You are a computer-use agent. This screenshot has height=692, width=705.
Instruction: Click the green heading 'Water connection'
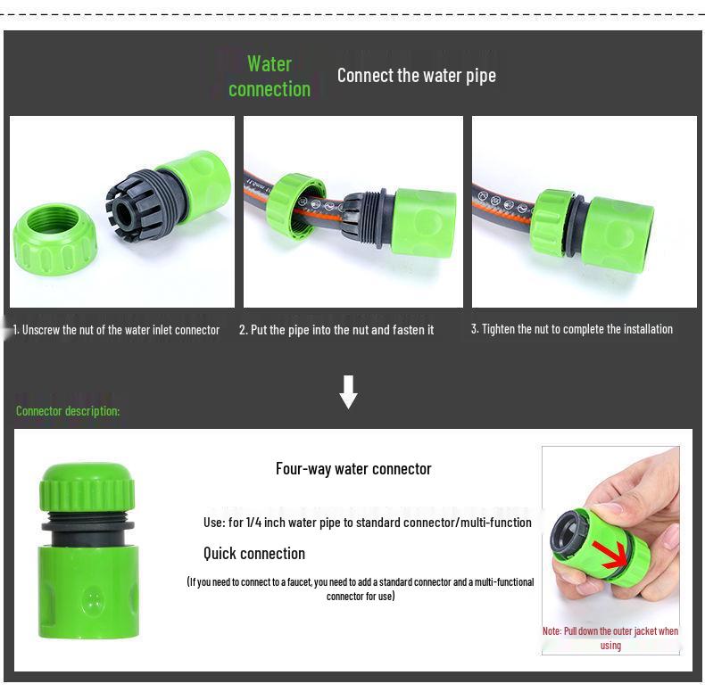[x=270, y=77]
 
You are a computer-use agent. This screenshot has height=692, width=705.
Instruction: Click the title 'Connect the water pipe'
[x=416, y=76]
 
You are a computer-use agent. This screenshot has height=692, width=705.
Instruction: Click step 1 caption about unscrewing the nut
[x=116, y=330]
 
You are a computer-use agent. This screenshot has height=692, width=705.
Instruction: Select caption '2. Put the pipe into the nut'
[x=336, y=330]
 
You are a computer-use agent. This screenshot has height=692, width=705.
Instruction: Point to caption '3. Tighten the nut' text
[x=571, y=329]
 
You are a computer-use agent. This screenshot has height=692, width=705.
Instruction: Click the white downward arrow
[x=349, y=391]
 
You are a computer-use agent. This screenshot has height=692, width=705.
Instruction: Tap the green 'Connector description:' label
[x=68, y=411]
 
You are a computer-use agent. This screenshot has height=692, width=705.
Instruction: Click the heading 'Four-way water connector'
[x=353, y=469]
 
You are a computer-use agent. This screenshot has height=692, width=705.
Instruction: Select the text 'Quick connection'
[x=254, y=554]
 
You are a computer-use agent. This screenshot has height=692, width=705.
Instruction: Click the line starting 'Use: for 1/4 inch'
[x=367, y=523]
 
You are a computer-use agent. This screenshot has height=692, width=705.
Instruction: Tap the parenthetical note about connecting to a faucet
[x=361, y=589]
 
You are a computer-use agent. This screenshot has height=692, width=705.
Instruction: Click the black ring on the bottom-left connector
[x=87, y=526]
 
